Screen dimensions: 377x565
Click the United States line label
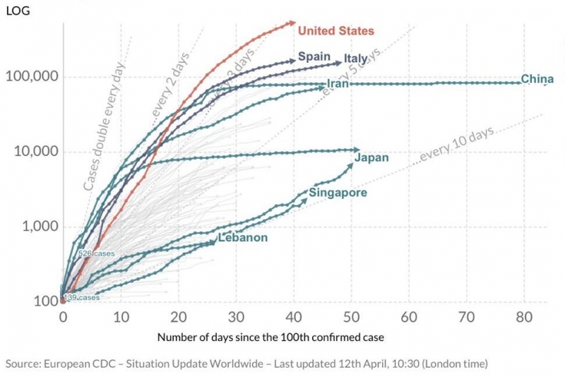(x=335, y=30)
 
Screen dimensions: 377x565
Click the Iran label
(x=337, y=84)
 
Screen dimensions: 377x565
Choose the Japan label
(x=371, y=157)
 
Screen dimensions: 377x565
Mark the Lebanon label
(x=242, y=238)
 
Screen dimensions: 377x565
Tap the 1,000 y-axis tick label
(x=37, y=227)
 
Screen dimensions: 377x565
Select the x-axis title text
(x=270, y=337)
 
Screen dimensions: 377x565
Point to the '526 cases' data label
(x=96, y=254)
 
